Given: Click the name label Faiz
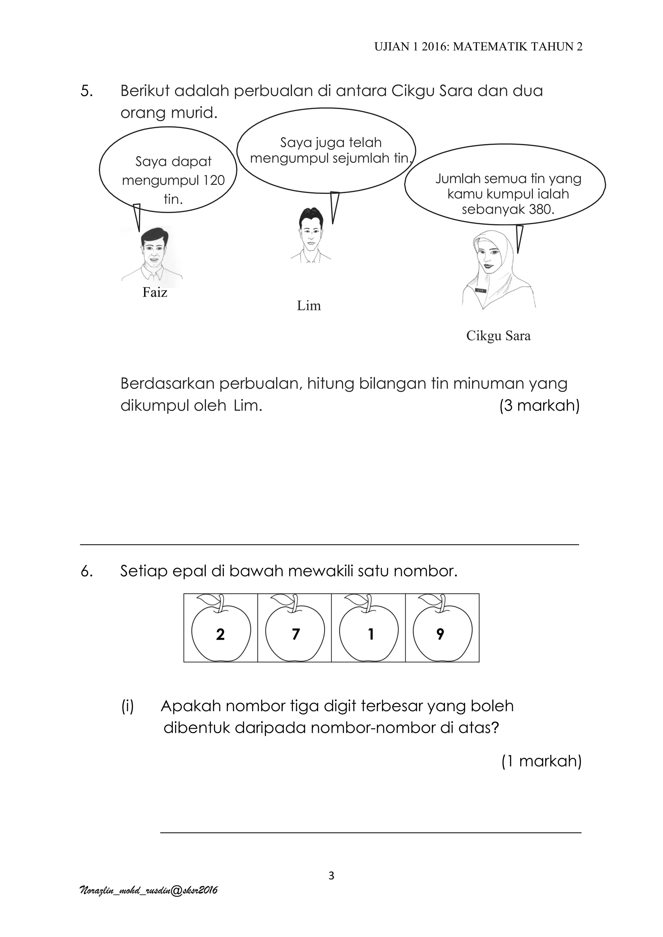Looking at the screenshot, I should [155, 292].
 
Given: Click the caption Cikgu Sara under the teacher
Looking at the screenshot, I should [498, 336].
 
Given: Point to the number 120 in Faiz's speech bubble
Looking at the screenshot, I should [211, 181].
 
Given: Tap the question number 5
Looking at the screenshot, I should [86, 91].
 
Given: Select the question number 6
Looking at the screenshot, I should [86, 571].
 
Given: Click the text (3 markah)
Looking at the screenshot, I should [539, 406].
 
